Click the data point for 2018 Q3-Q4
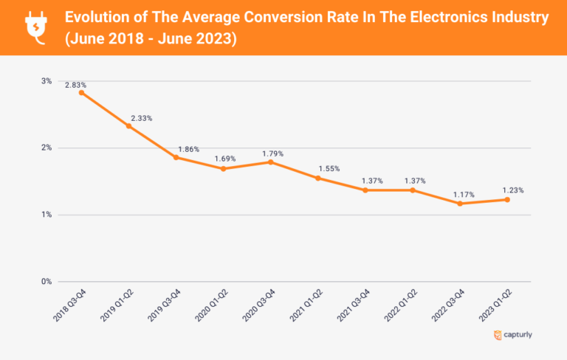(81, 92)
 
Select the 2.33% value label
(142, 118)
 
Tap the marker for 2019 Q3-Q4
(176, 157)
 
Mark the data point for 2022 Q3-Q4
(459, 204)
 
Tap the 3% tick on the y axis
(46, 80)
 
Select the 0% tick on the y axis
(46, 281)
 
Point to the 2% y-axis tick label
(46, 148)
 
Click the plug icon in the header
(35, 26)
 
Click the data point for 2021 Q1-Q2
(317, 178)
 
